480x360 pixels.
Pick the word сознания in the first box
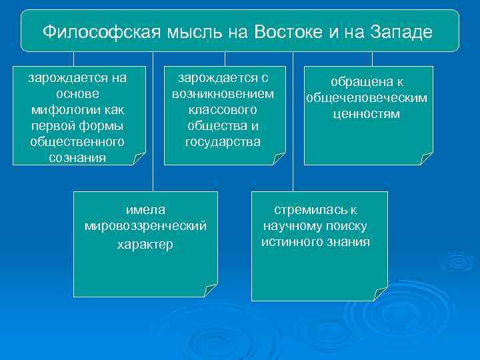click(x=77, y=157)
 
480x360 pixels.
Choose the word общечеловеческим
click(x=367, y=98)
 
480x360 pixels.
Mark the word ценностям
click(x=367, y=114)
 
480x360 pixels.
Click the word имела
click(x=145, y=210)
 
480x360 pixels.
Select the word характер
click(x=145, y=245)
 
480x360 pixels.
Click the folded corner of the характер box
click(x=211, y=291)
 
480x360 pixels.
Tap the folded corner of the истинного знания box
click(x=381, y=295)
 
